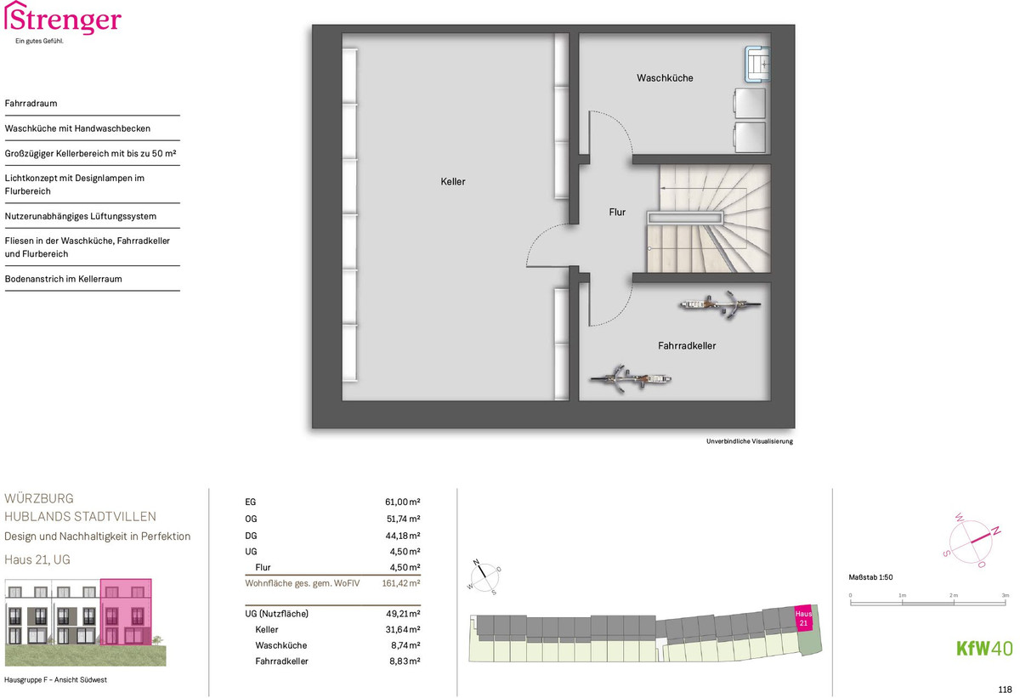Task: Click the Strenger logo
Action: (x=63, y=22)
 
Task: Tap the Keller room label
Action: (x=452, y=182)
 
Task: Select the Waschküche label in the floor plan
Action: (x=665, y=78)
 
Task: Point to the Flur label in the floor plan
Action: (x=617, y=213)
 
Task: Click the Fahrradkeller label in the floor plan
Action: (x=687, y=346)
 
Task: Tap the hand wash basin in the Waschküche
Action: (x=757, y=65)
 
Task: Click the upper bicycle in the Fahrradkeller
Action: (x=720, y=304)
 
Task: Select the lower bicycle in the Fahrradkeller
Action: (x=630, y=378)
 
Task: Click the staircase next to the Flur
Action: (x=709, y=218)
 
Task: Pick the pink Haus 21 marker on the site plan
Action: (x=803, y=618)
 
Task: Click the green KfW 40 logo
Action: (x=984, y=649)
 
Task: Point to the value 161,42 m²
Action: (x=400, y=583)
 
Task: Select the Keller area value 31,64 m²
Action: (x=403, y=630)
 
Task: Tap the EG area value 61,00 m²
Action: (x=403, y=502)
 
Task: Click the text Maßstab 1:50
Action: (x=870, y=577)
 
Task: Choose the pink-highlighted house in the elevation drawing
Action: (x=126, y=612)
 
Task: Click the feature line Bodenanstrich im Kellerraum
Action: (x=63, y=279)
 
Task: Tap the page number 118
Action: (x=1005, y=689)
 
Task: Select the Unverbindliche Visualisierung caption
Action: (x=750, y=441)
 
